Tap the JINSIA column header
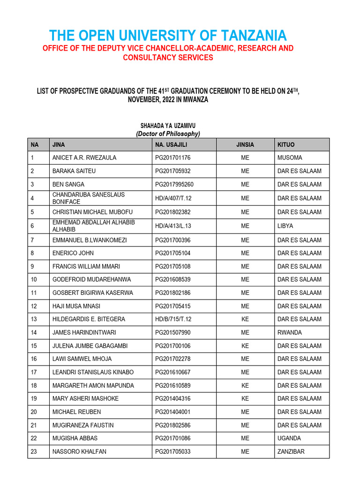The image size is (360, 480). [245, 145]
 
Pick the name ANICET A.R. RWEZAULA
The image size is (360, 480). [84, 158]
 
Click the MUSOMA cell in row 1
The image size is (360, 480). [290, 158]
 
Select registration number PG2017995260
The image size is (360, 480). [174, 185]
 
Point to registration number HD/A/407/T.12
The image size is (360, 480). [173, 198]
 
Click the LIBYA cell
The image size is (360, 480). [285, 226]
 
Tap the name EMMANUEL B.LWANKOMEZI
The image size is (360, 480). [90, 240]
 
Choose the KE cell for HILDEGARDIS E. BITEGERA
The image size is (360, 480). [245, 319]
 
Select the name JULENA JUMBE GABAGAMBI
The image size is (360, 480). [90, 346]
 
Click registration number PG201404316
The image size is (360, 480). [173, 399]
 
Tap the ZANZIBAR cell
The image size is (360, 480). [291, 452]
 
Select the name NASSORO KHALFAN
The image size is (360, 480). [79, 452]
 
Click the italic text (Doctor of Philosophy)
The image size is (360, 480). [168, 134]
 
